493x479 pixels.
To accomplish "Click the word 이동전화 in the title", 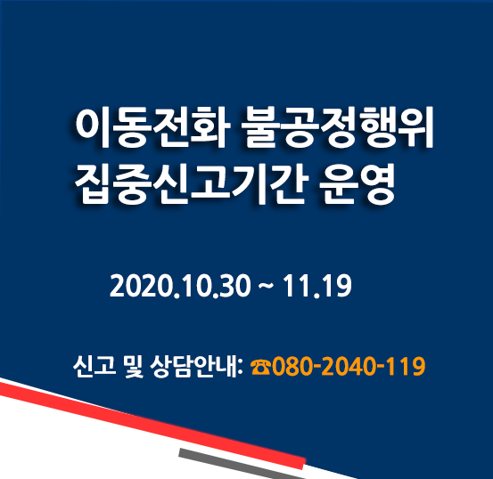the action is (150, 127).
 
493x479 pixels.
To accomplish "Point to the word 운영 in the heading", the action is (357, 184).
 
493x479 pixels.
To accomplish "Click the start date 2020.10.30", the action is (180, 286).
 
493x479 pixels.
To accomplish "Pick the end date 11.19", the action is (317, 286).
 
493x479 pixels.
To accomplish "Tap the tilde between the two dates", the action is (267, 287).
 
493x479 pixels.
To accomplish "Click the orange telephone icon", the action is (260, 367).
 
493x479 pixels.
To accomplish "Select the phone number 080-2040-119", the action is (349, 366).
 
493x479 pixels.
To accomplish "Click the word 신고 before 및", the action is (94, 366).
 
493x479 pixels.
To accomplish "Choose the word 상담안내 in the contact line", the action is (193, 366).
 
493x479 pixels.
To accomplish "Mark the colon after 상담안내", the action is (241, 369).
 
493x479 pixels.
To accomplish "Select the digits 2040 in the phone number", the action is (349, 366).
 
